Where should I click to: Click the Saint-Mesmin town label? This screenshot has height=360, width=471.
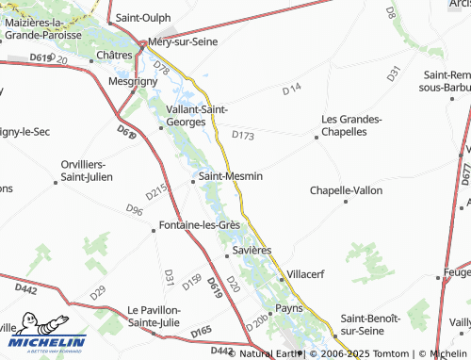click(230, 175)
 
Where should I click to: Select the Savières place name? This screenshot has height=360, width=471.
click(252, 251)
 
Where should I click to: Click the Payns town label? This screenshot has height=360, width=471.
click(287, 308)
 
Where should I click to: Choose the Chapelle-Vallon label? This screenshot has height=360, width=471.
click(347, 190)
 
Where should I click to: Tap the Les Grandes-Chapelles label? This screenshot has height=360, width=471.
click(351, 125)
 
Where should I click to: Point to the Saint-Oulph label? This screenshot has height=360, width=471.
click(142, 18)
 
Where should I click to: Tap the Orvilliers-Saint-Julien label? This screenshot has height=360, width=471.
click(87, 170)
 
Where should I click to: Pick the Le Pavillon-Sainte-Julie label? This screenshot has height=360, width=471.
click(159, 316)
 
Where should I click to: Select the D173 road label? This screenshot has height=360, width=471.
click(243, 136)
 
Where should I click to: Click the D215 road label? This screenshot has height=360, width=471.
click(156, 190)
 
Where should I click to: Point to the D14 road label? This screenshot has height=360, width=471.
click(291, 89)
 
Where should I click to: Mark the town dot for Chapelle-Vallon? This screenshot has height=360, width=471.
click(347, 202)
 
